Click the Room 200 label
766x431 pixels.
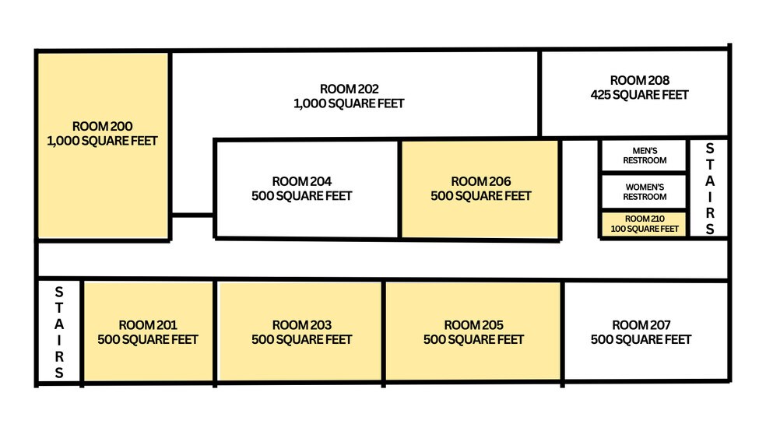(103, 126)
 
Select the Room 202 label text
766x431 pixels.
(350, 89)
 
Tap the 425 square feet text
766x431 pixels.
(639, 95)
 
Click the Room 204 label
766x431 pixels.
(302, 181)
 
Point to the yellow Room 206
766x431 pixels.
(480, 189)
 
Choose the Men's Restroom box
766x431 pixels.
(645, 156)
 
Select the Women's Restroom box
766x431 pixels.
(645, 192)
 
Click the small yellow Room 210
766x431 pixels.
(645, 223)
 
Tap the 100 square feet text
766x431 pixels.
(645, 229)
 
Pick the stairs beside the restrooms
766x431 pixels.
(709, 188)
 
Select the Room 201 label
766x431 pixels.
(148, 325)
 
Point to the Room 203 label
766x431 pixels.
(302, 325)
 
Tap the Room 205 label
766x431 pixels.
(474, 325)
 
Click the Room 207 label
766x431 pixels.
(641, 325)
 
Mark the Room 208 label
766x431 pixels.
(640, 80)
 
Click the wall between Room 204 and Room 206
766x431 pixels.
(399, 189)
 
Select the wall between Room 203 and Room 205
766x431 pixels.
(384, 333)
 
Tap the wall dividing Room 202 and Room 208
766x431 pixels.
(539, 93)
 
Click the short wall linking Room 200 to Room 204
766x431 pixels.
(192, 215)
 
